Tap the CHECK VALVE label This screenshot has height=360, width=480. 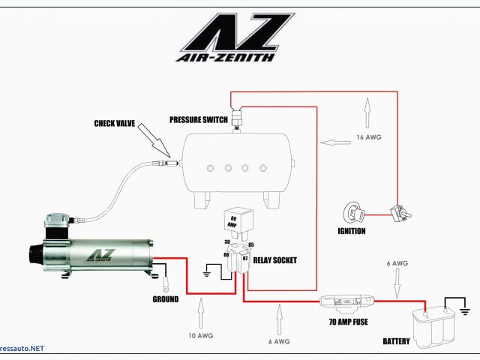(x=115, y=124)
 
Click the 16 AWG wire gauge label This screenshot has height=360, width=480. (x=369, y=137)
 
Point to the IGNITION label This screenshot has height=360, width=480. (x=351, y=231)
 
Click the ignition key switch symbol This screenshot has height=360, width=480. (x=355, y=213)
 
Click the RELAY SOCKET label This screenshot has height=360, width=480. (x=276, y=260)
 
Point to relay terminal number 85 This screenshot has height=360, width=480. (x=250, y=244)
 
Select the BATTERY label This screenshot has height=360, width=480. (x=397, y=342)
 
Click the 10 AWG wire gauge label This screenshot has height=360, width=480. (x=201, y=335)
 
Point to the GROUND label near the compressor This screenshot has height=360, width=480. (x=165, y=299)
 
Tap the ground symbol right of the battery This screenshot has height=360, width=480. (x=464, y=309)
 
